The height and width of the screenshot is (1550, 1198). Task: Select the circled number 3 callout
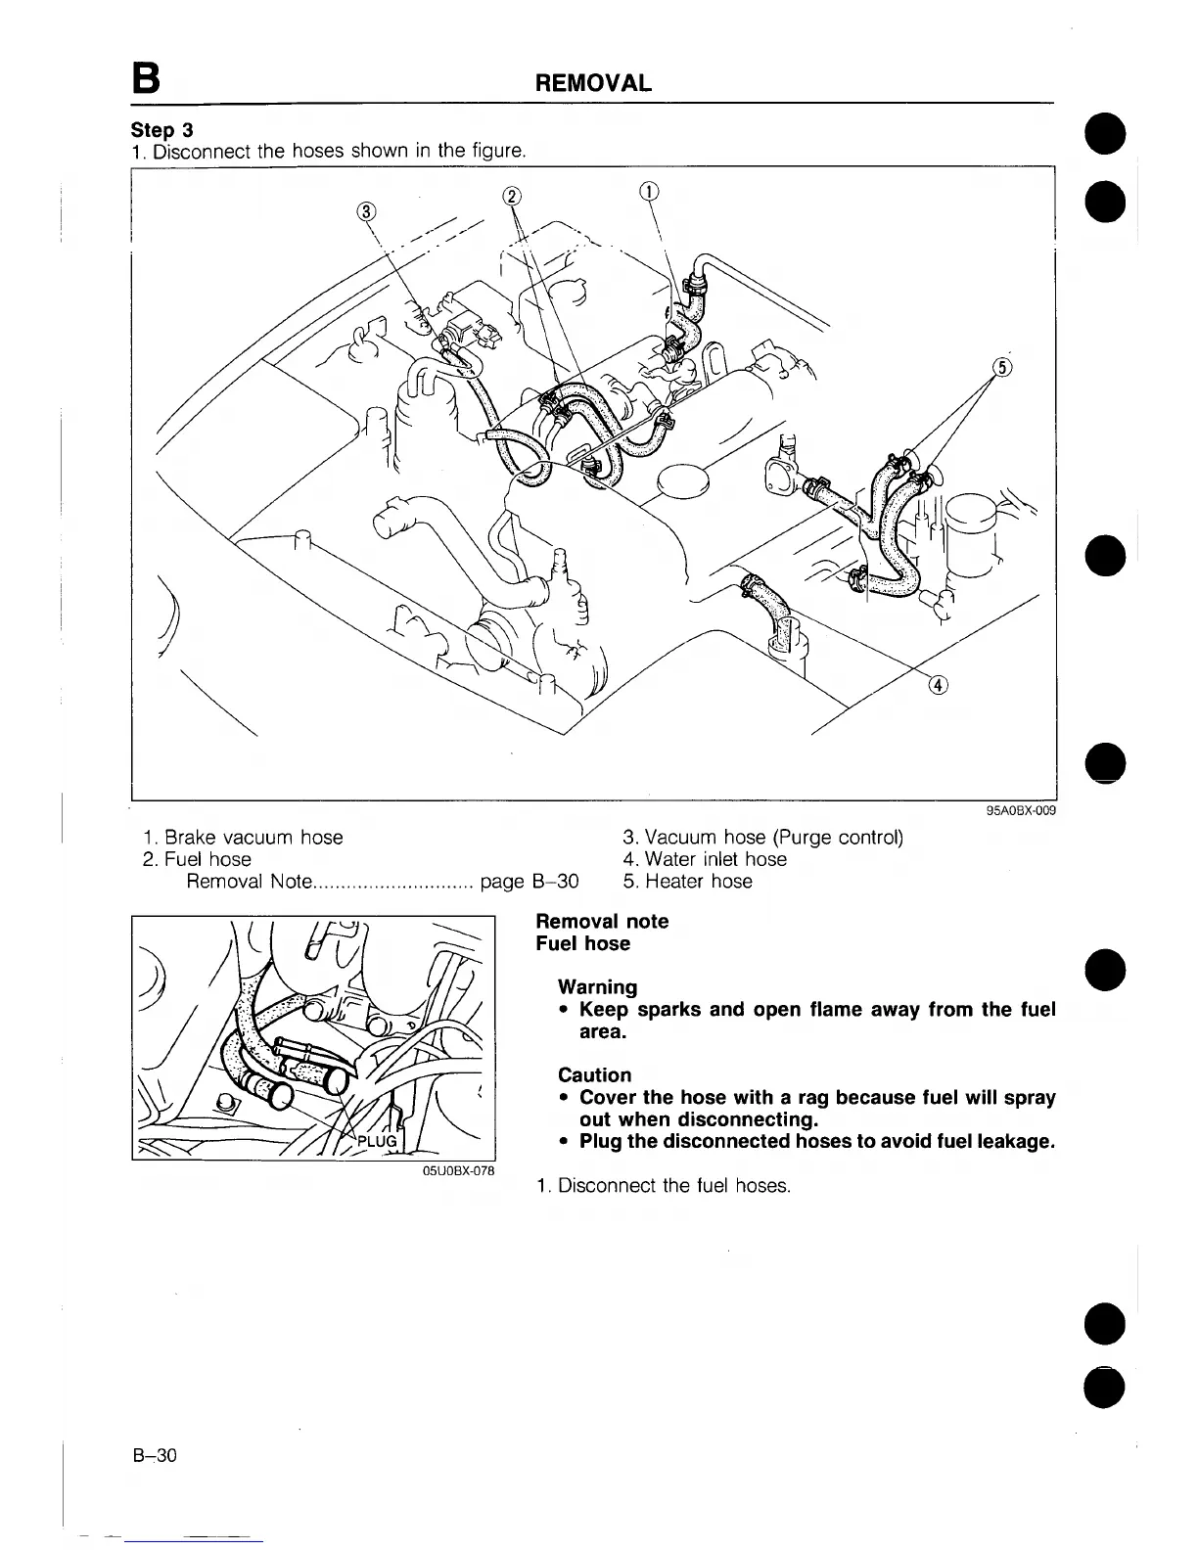[x=365, y=210]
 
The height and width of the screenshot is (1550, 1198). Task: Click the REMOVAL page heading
[x=593, y=83]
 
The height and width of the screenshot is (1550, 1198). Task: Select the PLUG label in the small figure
[x=376, y=1142]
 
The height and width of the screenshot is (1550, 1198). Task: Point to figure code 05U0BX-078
[x=458, y=1170]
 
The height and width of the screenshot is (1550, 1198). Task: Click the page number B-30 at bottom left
[x=155, y=1455]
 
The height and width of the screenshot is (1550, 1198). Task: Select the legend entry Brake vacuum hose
[x=243, y=838]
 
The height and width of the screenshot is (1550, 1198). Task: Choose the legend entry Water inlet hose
[x=705, y=859]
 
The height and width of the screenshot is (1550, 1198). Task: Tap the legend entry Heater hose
[x=688, y=881]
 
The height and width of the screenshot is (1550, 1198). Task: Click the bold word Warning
[x=597, y=987]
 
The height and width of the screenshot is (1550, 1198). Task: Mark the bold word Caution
[x=594, y=1075]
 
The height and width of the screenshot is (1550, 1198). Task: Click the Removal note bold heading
[x=602, y=922]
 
